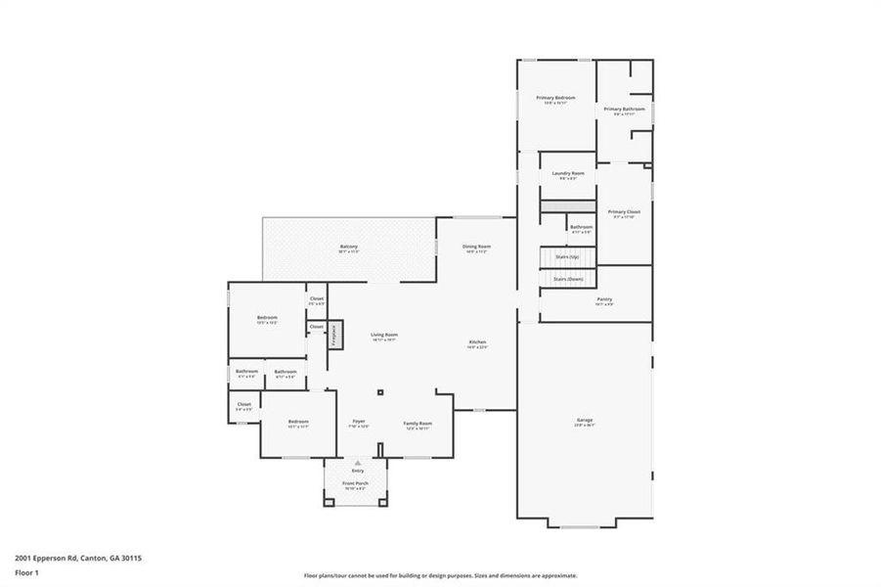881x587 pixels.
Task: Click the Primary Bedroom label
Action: pyautogui.click(x=555, y=98)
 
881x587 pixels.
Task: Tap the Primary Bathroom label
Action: pyautogui.click(x=619, y=110)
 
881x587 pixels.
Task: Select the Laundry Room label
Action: pyautogui.click(x=567, y=173)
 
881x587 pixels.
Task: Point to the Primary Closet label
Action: pyautogui.click(x=624, y=211)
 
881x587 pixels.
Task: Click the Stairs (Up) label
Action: pyautogui.click(x=567, y=256)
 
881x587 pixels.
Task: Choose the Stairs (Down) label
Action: pyautogui.click(x=567, y=279)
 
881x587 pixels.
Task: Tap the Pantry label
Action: pyautogui.click(x=604, y=299)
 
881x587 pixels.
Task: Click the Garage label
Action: pyautogui.click(x=584, y=421)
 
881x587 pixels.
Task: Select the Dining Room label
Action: pyautogui.click(x=476, y=247)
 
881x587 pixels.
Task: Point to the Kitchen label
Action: pyautogui.click(x=476, y=342)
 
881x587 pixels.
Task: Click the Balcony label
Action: pyautogui.click(x=349, y=247)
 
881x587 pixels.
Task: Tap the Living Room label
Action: pyautogui.click(x=383, y=336)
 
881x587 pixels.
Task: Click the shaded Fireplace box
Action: pyautogui.click(x=333, y=335)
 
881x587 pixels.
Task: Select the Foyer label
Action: pyautogui.click(x=358, y=423)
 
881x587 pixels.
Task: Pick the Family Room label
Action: pyautogui.click(x=417, y=423)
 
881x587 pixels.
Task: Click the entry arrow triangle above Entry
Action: pyautogui.click(x=358, y=462)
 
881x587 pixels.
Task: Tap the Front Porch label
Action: pyautogui.click(x=356, y=483)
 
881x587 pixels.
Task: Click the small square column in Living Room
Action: pyautogui.click(x=381, y=393)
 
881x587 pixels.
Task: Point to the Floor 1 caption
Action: pyautogui.click(x=26, y=573)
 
